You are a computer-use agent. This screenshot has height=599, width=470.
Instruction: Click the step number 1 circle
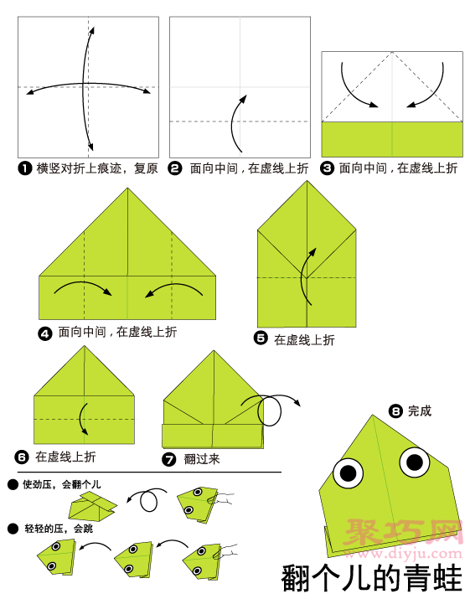click(x=25, y=168)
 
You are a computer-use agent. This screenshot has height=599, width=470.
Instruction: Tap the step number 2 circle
click(x=175, y=168)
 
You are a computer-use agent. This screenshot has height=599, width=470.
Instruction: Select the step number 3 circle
click(x=327, y=168)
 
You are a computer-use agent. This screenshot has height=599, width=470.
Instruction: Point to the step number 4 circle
click(x=44, y=334)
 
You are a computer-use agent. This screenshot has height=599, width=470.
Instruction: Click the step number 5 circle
click(x=261, y=338)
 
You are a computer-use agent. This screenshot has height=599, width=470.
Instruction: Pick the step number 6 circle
click(x=22, y=457)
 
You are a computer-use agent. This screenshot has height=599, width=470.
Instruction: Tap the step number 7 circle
click(x=169, y=459)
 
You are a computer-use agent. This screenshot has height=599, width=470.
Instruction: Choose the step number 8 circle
click(x=395, y=411)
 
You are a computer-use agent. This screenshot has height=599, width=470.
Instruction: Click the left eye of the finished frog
click(x=348, y=473)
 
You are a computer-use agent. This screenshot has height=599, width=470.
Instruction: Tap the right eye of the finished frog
click(x=415, y=462)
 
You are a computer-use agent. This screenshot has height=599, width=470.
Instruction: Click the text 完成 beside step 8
click(x=420, y=411)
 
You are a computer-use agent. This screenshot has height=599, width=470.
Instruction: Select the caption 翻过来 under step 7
click(x=202, y=459)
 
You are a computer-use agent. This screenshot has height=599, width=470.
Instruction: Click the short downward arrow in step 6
click(x=80, y=417)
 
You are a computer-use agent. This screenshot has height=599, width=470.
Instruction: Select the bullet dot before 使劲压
click(x=13, y=485)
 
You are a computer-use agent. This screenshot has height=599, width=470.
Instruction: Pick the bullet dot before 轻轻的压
click(x=13, y=529)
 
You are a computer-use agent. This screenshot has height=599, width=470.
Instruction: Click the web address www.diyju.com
click(x=405, y=553)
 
